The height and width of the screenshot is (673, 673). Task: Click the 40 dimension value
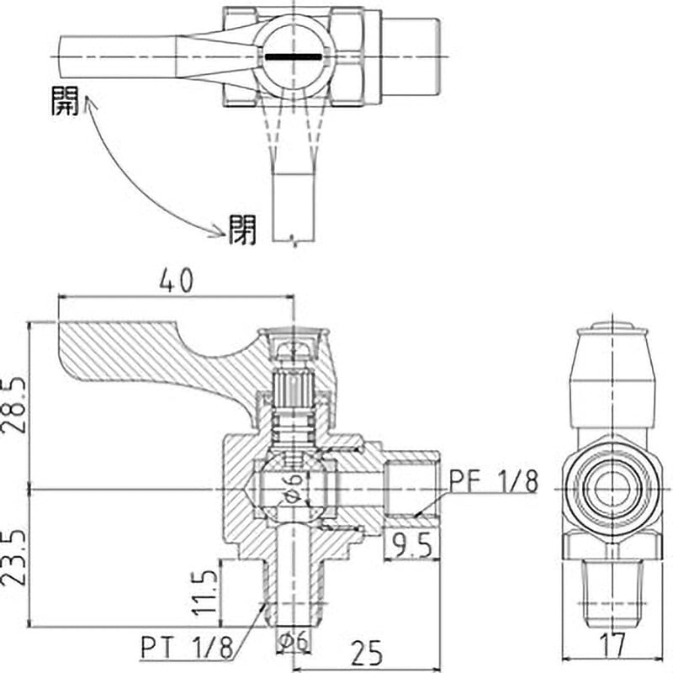click(177, 281)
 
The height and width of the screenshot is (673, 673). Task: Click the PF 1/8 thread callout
click(494, 481)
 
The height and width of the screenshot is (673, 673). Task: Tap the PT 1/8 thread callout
click(187, 647)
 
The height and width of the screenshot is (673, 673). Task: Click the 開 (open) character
click(66, 100)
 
